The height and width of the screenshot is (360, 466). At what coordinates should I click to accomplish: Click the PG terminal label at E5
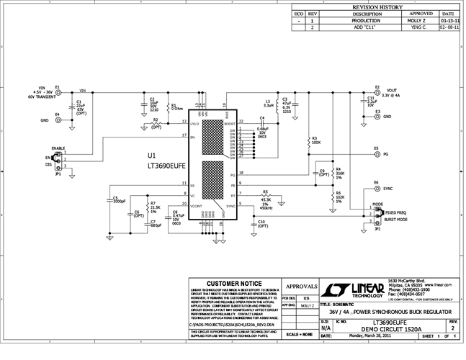386,153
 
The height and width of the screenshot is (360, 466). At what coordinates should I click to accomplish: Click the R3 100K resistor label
315,140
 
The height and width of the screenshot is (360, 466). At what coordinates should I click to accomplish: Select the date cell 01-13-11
447,21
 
